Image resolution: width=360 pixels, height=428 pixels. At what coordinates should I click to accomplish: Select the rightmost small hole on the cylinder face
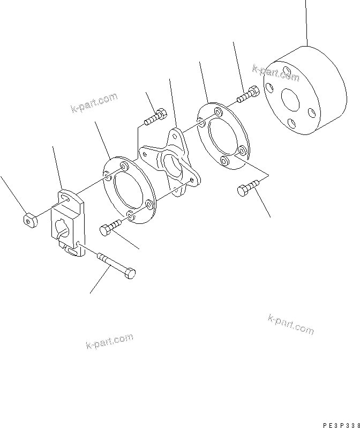point(312,112)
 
